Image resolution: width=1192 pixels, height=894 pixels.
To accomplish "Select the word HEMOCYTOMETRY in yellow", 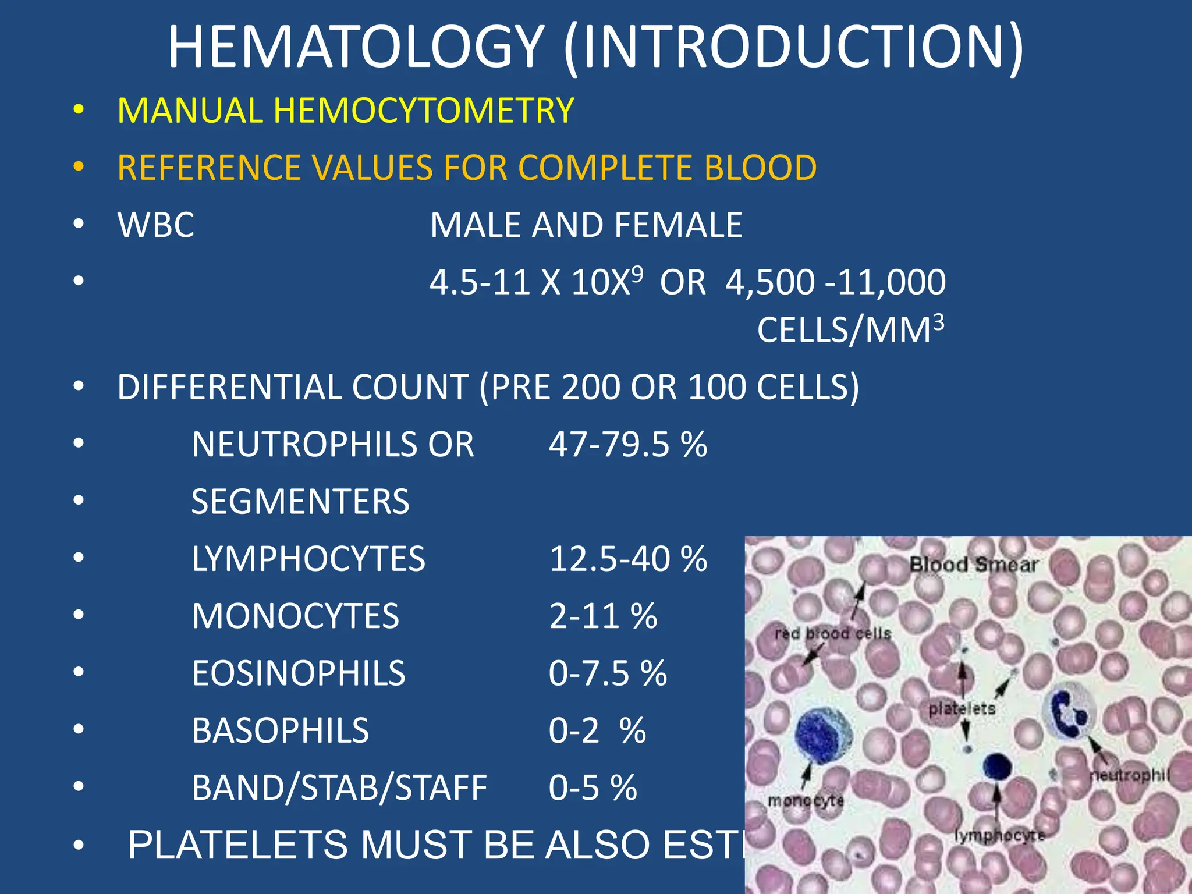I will (x=424, y=111).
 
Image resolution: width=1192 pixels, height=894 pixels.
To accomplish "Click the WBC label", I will (x=156, y=225).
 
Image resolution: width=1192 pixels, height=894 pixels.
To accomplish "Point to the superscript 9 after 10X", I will (x=637, y=273).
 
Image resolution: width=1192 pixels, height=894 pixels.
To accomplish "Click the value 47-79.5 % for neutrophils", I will (x=627, y=445).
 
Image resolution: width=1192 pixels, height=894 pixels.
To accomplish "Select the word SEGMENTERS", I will (x=300, y=502).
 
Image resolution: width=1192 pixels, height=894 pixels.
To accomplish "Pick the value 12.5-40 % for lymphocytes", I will (x=627, y=559).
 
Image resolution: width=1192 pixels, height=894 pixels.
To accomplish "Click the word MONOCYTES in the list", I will (x=295, y=616).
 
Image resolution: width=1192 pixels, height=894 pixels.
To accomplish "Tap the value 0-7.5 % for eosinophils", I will (x=608, y=673).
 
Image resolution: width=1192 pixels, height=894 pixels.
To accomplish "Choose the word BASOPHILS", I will (x=280, y=730).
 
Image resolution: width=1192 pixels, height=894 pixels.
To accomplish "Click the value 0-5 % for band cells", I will (x=593, y=787).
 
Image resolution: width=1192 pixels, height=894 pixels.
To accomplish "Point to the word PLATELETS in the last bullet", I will (x=239, y=845).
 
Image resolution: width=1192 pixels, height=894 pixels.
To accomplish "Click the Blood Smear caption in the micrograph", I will (x=974, y=565).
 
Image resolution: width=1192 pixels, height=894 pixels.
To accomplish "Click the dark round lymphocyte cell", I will (x=997, y=765).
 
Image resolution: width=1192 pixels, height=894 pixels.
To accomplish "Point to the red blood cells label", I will (x=833, y=633).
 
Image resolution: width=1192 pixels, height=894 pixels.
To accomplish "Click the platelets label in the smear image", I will (x=962, y=709).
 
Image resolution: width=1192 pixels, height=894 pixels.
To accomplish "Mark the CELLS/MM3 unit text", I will (x=850, y=330).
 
